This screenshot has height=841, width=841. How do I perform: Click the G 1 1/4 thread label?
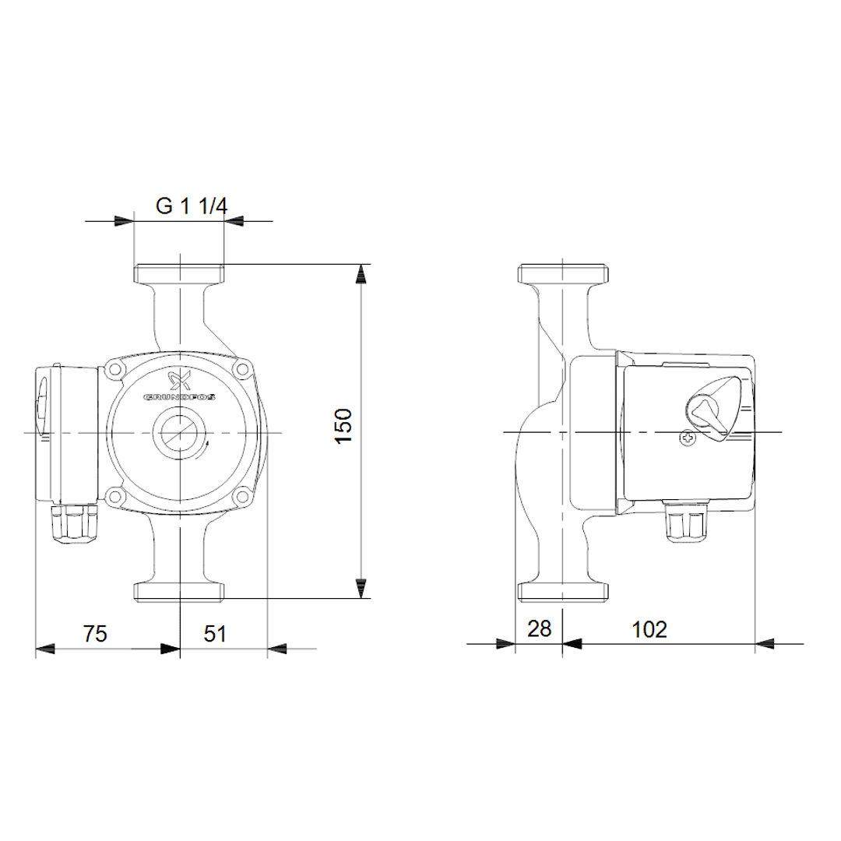pos(191,206)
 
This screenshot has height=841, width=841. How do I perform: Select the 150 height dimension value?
pos(344,426)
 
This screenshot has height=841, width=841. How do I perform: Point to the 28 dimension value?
pos(539,629)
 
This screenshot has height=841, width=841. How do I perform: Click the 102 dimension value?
pos(649,629)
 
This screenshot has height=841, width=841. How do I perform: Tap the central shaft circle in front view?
pos(180,432)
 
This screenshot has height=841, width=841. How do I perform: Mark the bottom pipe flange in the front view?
pos(179,591)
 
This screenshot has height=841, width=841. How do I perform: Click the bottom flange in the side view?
pos(562,591)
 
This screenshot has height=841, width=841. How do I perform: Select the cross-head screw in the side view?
pos(688,440)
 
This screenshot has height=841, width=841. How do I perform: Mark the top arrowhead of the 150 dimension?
pos(361,274)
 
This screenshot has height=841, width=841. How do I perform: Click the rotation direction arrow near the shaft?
pos(208,445)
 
